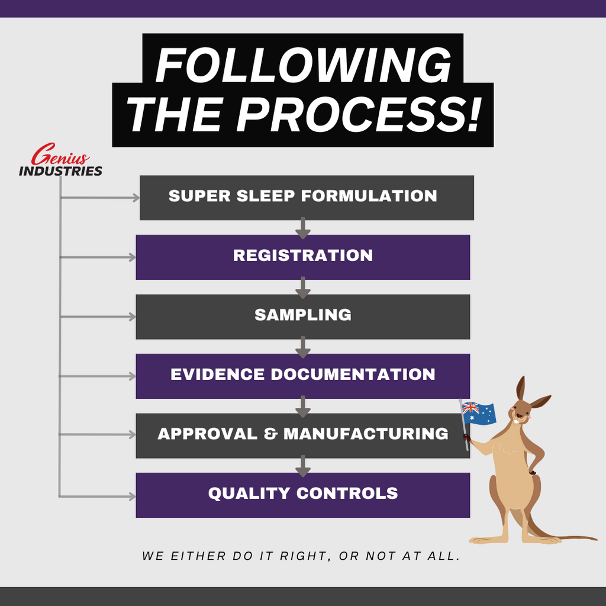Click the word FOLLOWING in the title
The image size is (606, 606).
[x=303, y=65]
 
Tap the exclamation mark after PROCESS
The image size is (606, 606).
[x=473, y=114]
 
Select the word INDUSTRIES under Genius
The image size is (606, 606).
[x=61, y=171]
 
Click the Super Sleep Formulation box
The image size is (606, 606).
[x=307, y=198]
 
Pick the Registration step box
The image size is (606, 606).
[x=302, y=257]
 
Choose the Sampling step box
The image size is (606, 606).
[x=302, y=317]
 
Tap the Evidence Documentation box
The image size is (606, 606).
[x=302, y=376]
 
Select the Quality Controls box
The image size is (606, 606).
[x=302, y=495]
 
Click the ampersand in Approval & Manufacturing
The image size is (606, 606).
[x=270, y=434]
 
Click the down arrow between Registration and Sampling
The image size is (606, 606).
[x=303, y=288]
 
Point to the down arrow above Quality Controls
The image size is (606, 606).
[x=303, y=466]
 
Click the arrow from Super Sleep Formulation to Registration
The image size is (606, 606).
[x=303, y=228]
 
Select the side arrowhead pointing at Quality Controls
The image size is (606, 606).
[x=132, y=497]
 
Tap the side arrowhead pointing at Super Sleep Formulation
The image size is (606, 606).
[x=136, y=198]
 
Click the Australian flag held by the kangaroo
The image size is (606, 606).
[x=479, y=412]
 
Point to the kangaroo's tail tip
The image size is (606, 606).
[x=595, y=539]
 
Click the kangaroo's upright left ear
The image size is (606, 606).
[x=521, y=389]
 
